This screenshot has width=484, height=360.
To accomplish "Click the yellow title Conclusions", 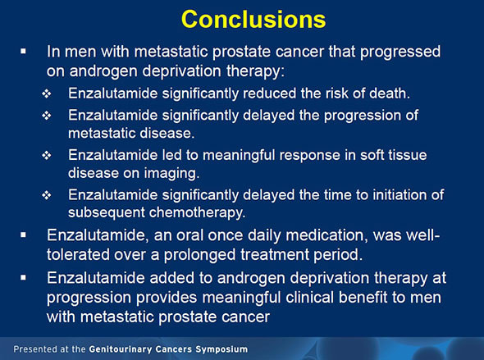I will [x=242, y=19].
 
